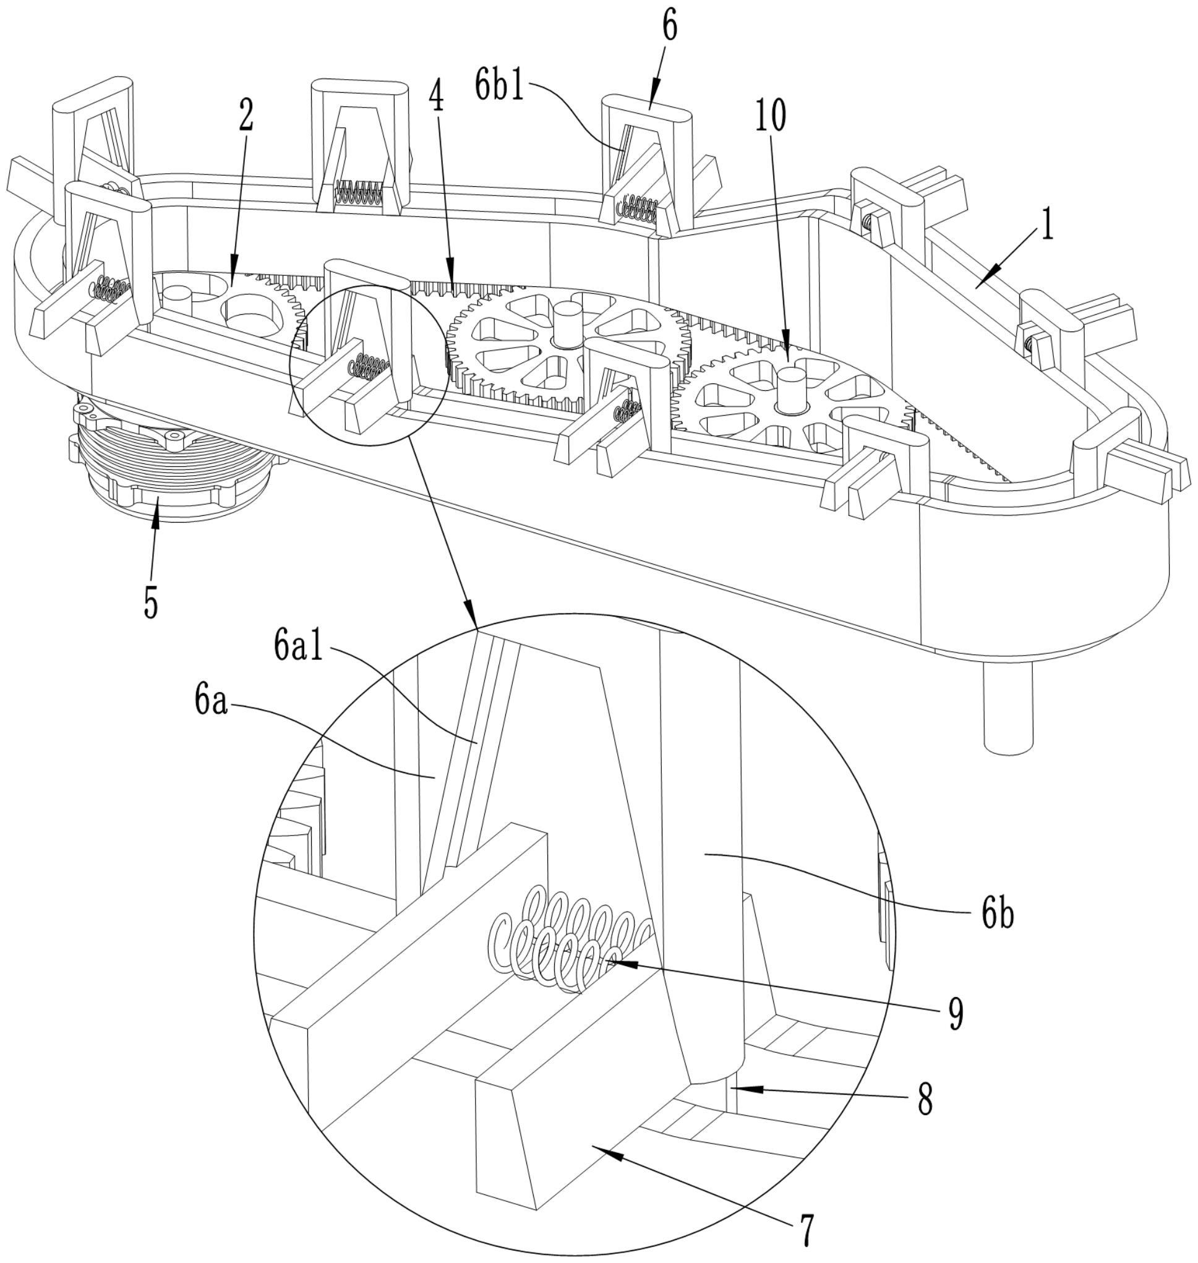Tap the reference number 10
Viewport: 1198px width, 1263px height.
click(771, 116)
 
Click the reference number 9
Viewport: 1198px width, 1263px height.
click(956, 1013)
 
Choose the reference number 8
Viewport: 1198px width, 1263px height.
click(925, 1099)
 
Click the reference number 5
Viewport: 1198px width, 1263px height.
click(151, 600)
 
